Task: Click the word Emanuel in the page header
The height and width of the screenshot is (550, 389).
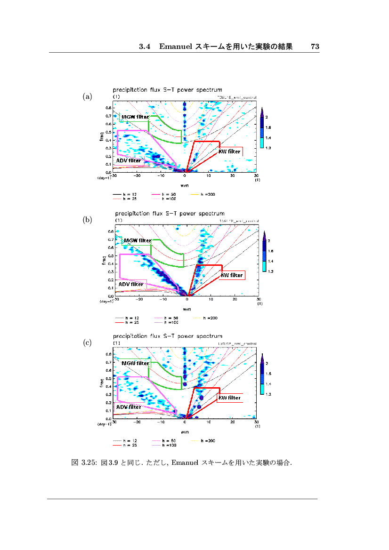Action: (176, 47)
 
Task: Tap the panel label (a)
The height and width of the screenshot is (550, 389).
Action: (87, 96)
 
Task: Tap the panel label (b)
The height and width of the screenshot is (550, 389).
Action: (87, 219)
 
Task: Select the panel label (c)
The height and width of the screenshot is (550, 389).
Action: (87, 343)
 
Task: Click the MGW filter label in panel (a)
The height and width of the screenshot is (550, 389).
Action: (136, 117)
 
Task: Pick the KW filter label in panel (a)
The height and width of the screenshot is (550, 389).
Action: (229, 151)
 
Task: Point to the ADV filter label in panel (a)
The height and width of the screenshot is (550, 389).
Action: (129, 160)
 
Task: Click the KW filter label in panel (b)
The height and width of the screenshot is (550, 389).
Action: (232, 275)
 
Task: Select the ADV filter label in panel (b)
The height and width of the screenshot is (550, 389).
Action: (131, 284)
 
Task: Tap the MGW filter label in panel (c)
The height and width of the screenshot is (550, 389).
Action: (135, 363)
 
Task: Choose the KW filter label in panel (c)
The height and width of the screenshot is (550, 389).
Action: (229, 398)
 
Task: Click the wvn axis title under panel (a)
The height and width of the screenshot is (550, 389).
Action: (185, 185)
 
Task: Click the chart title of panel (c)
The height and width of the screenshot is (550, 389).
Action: (167, 336)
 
